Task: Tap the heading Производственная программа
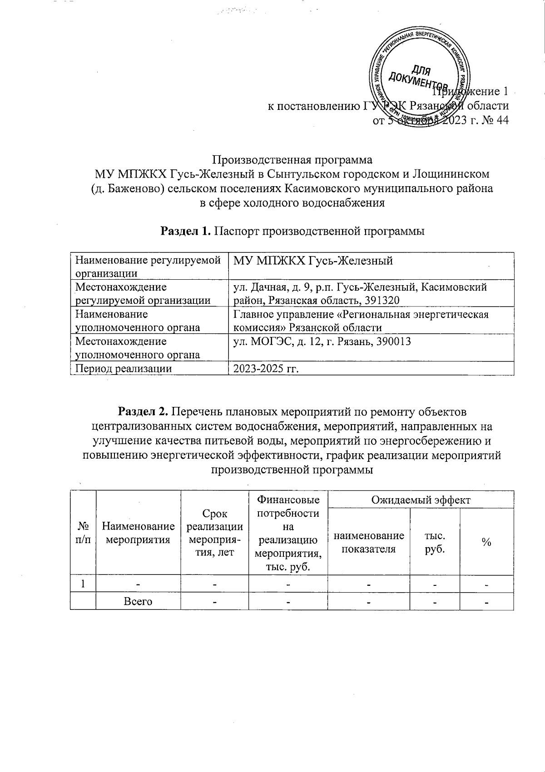click(x=292, y=160)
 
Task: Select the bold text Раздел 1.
click(x=186, y=231)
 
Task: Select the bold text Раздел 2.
click(x=143, y=412)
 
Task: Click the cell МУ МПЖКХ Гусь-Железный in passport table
click(x=312, y=261)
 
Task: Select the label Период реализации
click(x=123, y=368)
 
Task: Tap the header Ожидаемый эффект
click(x=420, y=500)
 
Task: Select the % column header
click(x=486, y=542)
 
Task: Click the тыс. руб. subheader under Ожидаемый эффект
click(x=434, y=542)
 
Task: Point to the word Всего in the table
click(x=138, y=602)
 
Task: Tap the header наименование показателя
click(x=368, y=542)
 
